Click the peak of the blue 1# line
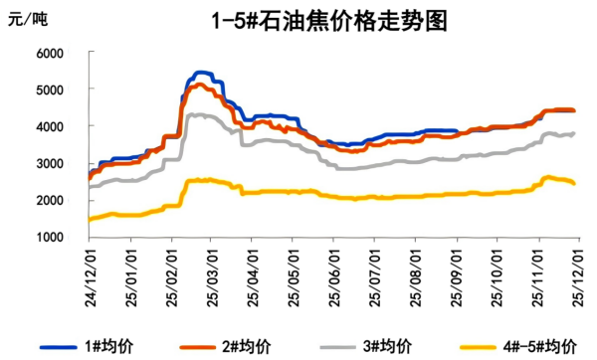[x=201, y=73]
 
